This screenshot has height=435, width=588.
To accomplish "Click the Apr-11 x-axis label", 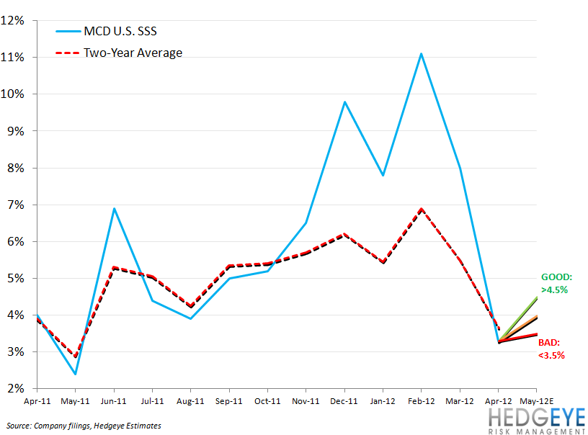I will pos(38,402).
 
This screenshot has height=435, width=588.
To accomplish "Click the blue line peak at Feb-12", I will pos(422,53).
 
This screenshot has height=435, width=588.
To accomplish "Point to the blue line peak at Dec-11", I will pos(345,102).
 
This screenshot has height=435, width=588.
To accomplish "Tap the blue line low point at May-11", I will pos(76,374).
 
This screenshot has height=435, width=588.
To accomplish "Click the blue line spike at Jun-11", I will pos(115,208).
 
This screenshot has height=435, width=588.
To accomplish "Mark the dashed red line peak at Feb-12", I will pos(422,209).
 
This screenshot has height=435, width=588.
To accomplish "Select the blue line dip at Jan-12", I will pos(383,175).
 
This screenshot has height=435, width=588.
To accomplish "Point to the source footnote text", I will pos(85,426).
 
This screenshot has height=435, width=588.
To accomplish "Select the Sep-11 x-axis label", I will pos(230,402).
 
